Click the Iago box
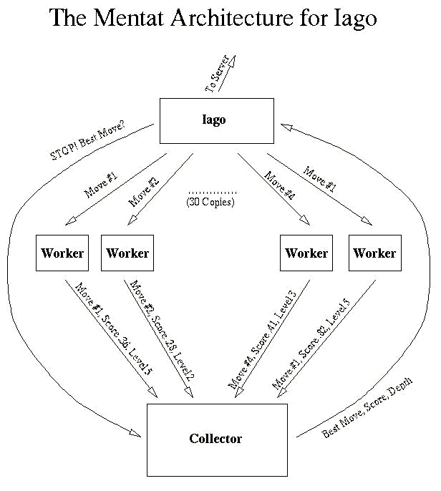pyautogui.click(x=216, y=120)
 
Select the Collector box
pyautogui.click(x=216, y=439)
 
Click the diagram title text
pyautogui.click(x=213, y=19)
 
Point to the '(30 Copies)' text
pyautogui.click(x=210, y=203)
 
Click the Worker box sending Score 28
pyautogui.click(x=127, y=253)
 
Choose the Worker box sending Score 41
pyautogui.click(x=306, y=253)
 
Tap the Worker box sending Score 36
pyautogui.click(x=62, y=253)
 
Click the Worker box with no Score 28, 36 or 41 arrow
pyautogui.click(x=374, y=253)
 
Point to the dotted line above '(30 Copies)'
pyautogui.click(x=213, y=193)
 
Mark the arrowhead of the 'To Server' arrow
pyautogui.click(x=231, y=59)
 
